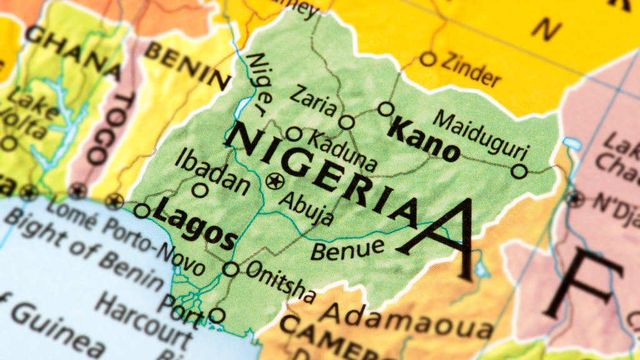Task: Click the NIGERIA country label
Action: (x=325, y=175)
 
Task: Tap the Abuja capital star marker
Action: (x=274, y=182)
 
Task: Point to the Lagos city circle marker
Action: (x=142, y=211)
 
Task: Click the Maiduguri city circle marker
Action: (x=519, y=171)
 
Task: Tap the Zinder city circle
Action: (x=427, y=59)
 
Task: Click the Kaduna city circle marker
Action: (x=294, y=134)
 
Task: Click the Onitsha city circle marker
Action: (x=231, y=269)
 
